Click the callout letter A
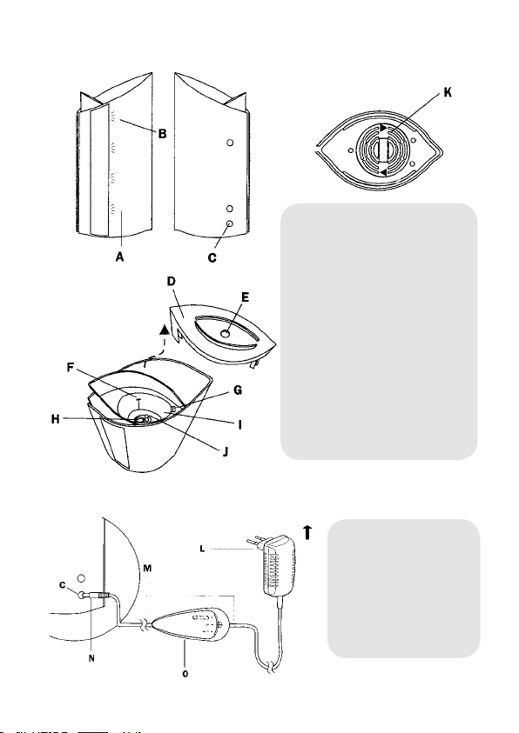tap(120, 257)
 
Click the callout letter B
tap(162, 134)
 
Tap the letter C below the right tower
tap(212, 257)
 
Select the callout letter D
tap(172, 281)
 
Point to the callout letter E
tap(245, 297)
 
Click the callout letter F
tap(71, 368)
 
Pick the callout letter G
tap(238, 390)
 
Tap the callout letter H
tap(56, 419)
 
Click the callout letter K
tap(448, 92)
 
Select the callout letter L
tap(202, 549)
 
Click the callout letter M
tap(147, 569)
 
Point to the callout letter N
tap(91, 658)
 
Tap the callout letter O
tap(185, 674)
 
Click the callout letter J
tap(226, 451)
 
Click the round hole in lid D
tap(226, 334)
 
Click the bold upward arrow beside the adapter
tap(307, 532)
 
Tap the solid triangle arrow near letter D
tap(164, 330)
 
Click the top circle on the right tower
tap(230, 143)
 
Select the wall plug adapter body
tap(280, 567)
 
